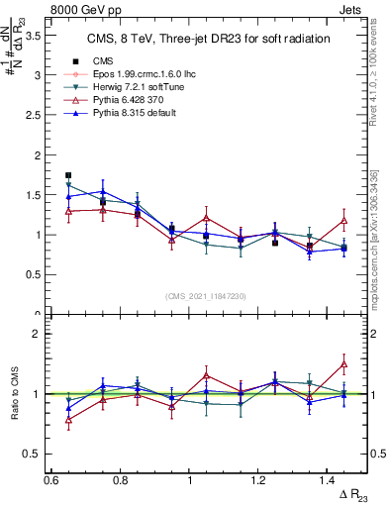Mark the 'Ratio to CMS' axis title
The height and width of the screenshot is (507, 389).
[x=12, y=393]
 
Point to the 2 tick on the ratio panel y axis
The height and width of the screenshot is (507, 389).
[x=38, y=334]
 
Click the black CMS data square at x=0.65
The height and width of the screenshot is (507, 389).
[x=68, y=175]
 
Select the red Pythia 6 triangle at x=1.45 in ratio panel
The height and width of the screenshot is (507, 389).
[x=343, y=364]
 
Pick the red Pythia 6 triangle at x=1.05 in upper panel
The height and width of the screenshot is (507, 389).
[x=206, y=218]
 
